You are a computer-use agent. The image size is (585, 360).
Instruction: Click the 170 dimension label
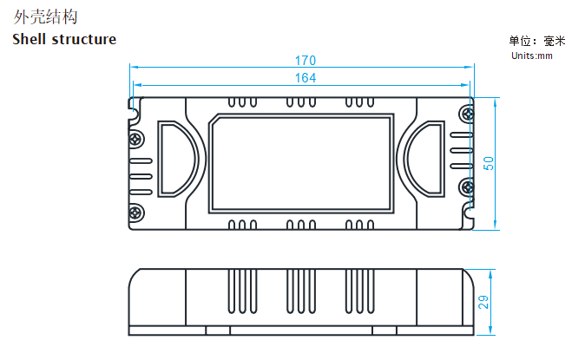pos(305,61)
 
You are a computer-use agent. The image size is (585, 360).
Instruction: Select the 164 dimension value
pos(305,78)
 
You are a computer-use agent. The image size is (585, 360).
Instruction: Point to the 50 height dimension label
pos(489,163)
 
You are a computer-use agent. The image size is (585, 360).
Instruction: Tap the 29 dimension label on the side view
pos(485,302)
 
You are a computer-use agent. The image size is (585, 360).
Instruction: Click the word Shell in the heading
pos(32,39)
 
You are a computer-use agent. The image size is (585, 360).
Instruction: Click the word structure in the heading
pos(85,39)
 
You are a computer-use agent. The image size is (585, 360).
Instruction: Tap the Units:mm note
pos(532,56)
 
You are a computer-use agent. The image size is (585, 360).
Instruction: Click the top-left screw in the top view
pos(136,138)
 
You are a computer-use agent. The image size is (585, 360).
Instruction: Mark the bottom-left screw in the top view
pos(136,209)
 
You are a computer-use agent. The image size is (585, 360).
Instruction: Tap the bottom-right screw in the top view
pos(467,185)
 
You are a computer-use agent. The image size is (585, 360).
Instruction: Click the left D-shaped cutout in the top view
pos(176,158)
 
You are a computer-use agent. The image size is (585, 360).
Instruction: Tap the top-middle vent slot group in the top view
pos(300,102)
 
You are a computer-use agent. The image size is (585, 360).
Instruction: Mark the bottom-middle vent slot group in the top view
pos(300,225)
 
